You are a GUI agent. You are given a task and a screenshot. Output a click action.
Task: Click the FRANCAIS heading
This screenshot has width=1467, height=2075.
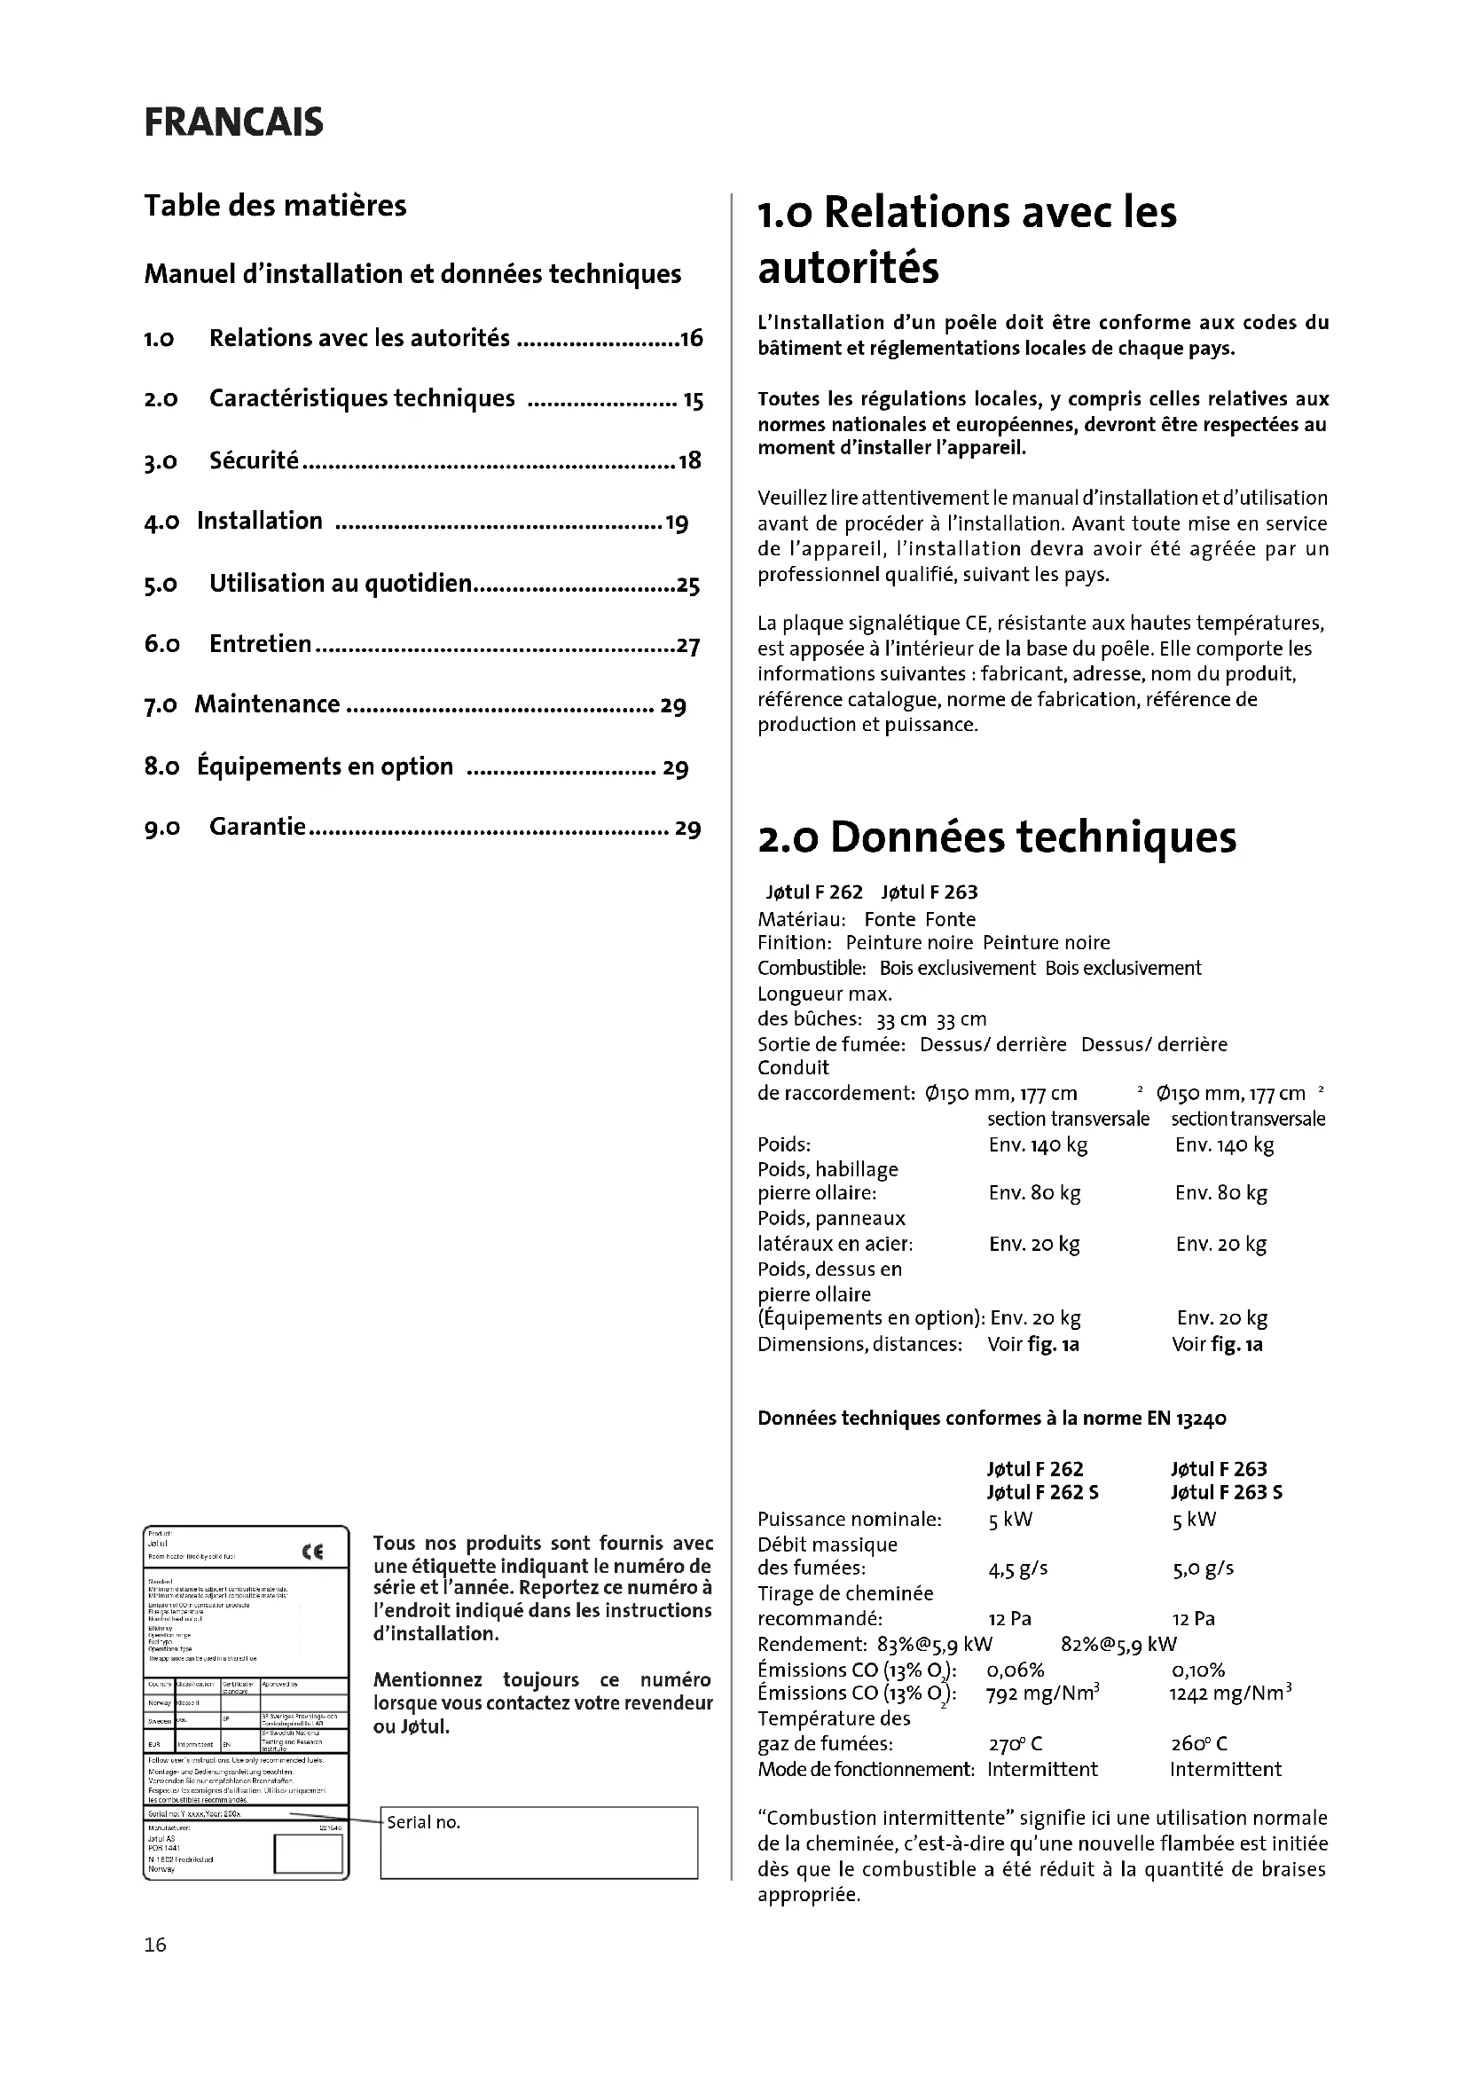[233, 123]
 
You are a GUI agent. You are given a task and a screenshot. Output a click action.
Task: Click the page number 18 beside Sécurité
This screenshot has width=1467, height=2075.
[689, 462]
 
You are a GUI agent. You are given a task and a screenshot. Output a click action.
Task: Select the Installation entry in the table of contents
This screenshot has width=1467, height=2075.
[259, 522]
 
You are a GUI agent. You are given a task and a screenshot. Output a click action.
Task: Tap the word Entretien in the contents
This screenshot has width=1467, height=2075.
[260, 644]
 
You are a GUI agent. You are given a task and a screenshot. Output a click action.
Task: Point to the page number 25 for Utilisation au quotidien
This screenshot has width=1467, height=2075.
[688, 585]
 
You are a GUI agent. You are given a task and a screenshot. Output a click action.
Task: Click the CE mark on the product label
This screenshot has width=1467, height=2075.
[311, 1552]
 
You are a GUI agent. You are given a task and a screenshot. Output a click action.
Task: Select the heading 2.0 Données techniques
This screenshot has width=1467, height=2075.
[996, 837]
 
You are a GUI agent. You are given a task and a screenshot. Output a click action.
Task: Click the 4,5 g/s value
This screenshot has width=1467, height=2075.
[1017, 1568]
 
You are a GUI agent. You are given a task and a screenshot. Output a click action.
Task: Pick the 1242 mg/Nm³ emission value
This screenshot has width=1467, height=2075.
[1230, 1693]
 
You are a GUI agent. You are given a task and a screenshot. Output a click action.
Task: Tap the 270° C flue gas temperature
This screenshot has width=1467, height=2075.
[1016, 1743]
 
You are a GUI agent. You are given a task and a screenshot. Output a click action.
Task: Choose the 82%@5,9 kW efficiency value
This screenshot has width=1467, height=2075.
[1118, 1644]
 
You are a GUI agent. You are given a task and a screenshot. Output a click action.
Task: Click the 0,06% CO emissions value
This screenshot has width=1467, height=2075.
[1016, 1670]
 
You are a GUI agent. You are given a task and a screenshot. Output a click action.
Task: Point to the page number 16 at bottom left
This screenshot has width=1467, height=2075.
[155, 1945]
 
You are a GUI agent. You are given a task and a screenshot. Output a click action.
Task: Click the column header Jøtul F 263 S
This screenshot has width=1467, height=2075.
[1226, 1492]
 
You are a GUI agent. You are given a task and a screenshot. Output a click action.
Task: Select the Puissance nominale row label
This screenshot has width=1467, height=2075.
[849, 1519]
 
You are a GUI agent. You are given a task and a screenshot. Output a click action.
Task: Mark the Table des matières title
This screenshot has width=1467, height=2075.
[276, 206]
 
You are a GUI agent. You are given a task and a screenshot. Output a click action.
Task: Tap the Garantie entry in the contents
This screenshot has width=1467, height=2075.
[257, 827]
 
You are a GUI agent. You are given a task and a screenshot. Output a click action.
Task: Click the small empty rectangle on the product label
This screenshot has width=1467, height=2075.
[308, 1852]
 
